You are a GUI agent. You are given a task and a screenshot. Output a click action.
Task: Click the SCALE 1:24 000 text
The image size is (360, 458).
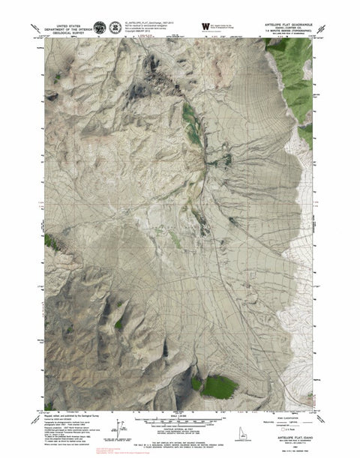(182, 416)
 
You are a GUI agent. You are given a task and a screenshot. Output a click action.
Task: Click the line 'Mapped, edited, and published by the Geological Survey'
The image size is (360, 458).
(74, 413)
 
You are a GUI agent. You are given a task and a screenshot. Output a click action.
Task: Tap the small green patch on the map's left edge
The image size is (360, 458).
(50, 241)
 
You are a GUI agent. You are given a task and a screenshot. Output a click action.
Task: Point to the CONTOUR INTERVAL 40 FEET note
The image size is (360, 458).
(182, 429)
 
